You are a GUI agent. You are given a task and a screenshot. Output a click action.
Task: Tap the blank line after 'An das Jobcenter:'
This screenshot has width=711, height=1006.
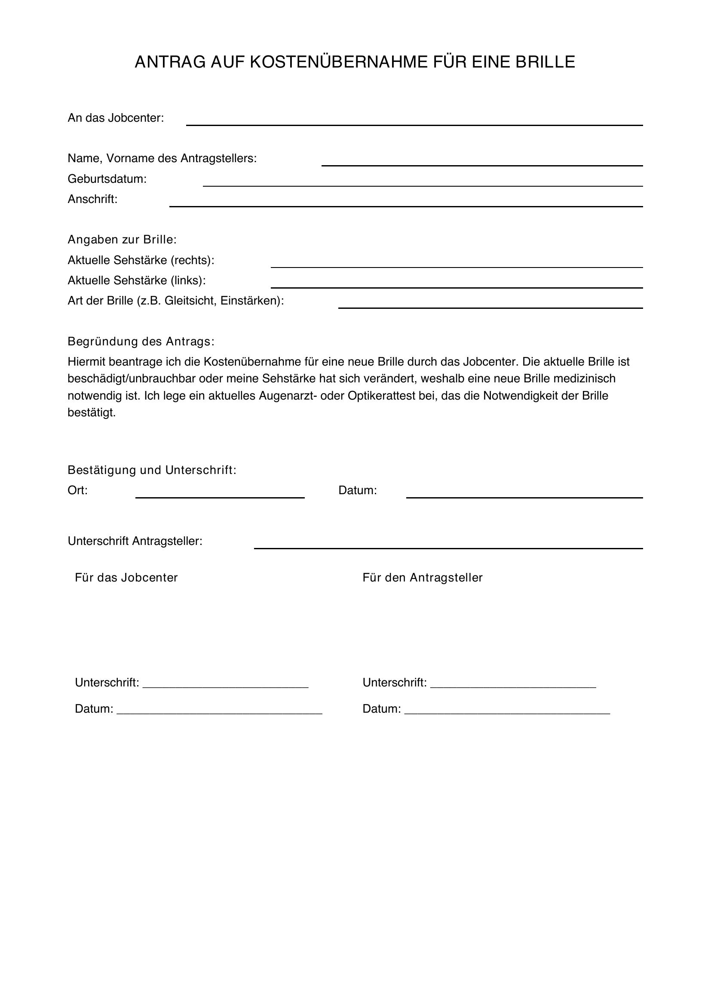(414, 124)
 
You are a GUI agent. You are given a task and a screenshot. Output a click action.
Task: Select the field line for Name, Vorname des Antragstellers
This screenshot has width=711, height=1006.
(481, 165)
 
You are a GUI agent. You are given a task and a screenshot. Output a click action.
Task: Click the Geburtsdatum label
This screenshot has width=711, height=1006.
(107, 179)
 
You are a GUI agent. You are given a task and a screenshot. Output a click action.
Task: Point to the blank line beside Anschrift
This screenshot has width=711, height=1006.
(406, 206)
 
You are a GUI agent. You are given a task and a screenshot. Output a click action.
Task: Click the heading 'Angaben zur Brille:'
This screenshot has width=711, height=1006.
(122, 240)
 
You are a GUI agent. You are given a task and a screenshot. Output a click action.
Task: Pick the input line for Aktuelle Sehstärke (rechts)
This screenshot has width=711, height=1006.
(457, 266)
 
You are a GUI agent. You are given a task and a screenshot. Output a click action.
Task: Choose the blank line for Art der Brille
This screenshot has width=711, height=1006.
(490, 307)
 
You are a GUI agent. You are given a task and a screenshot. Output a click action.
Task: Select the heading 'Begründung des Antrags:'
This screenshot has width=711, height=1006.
(141, 341)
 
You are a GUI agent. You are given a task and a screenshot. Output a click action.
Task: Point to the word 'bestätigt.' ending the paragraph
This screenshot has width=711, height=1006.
(92, 413)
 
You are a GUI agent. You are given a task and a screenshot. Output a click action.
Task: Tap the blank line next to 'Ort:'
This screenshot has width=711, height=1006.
(220, 497)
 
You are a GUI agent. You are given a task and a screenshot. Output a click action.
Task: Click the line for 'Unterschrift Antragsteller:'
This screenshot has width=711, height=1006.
(448, 547)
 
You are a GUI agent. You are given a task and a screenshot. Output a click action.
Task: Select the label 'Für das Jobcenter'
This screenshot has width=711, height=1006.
(126, 578)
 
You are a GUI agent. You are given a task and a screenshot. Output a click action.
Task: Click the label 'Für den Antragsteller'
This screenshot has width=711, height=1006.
(422, 578)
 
